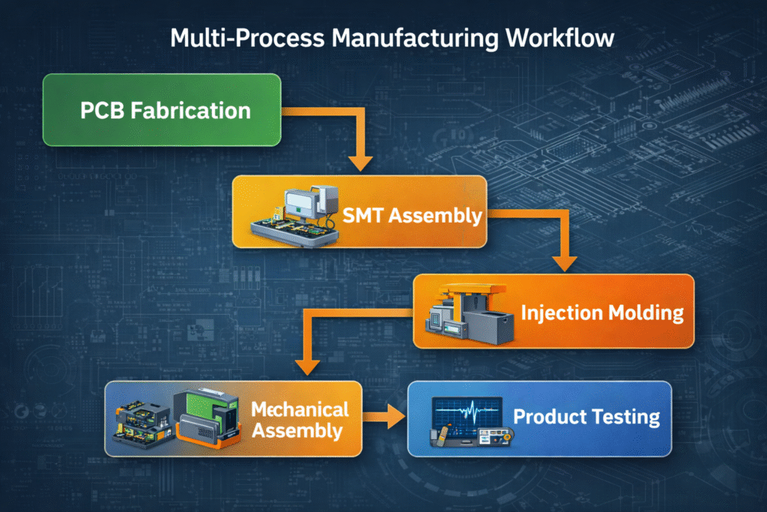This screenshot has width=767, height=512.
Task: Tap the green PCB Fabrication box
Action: point(162,110)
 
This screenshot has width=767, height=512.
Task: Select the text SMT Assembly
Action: point(412,216)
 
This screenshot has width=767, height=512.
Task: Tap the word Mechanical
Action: point(300,409)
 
